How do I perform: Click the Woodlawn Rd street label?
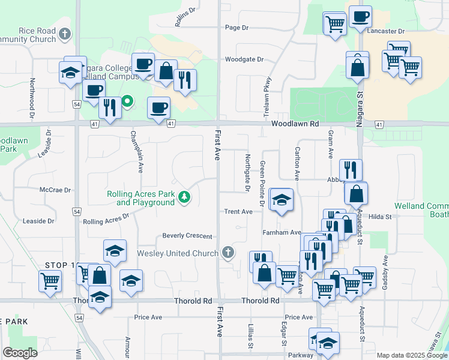[x=294, y=123]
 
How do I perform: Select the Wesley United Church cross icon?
[x=227, y=253]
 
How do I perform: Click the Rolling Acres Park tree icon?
[x=186, y=197]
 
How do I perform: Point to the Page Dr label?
[x=237, y=28]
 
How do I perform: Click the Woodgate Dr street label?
[x=244, y=59]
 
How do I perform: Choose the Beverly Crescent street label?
[x=187, y=236]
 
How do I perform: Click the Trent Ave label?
[x=238, y=211]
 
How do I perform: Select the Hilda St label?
[x=380, y=216]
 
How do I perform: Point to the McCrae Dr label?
[x=55, y=190]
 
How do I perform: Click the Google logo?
[x=20, y=352]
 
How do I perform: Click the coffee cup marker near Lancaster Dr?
[x=360, y=17]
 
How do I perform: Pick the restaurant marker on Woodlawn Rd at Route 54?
[x=110, y=107]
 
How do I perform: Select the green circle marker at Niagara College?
[x=127, y=101]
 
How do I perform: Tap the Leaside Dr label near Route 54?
[x=38, y=221]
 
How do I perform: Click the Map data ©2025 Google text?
[x=411, y=355]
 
